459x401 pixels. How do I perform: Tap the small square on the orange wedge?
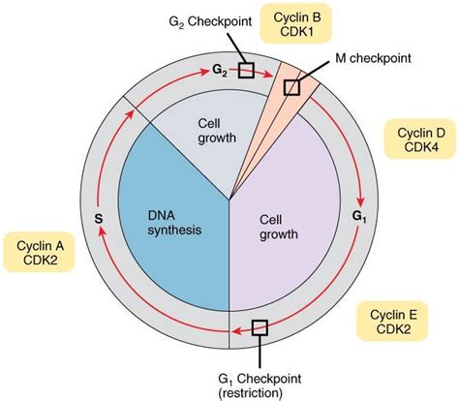click(291, 86)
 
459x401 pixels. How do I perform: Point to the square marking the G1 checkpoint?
click(260, 327)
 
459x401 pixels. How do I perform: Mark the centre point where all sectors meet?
click(229, 201)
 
